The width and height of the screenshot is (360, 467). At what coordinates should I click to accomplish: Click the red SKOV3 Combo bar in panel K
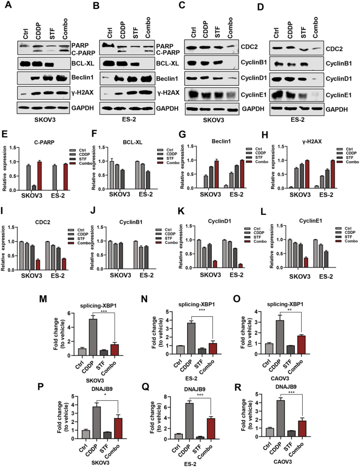tap(217, 248)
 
